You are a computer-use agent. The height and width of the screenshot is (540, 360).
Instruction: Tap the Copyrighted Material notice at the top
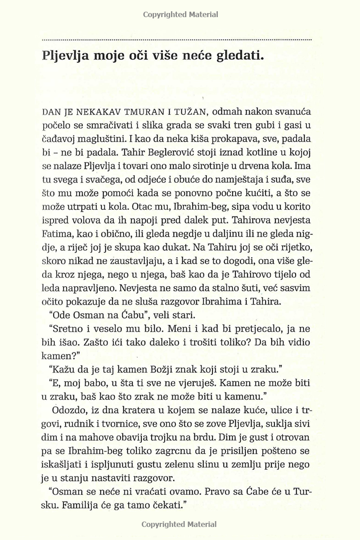tap(180, 14)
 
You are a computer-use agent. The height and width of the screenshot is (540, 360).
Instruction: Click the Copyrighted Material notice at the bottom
tap(180, 524)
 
